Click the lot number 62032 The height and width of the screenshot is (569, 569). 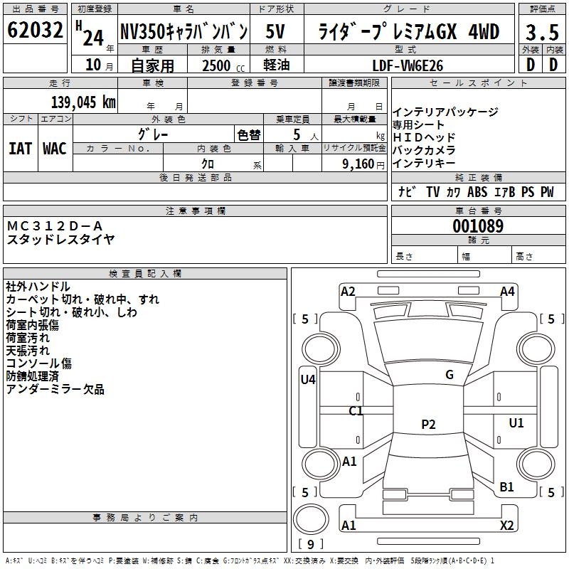coord(35,30)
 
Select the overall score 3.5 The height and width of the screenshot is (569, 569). coord(542,33)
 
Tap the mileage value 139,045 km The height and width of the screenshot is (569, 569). coord(83,102)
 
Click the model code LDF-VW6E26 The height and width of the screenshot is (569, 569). coord(408,65)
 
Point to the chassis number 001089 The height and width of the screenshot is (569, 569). coord(478,226)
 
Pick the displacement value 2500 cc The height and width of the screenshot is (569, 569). coord(223,65)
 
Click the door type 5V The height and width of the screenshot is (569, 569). coord(275,31)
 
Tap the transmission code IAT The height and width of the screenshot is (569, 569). coord(21,149)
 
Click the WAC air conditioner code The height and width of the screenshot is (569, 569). coord(55,149)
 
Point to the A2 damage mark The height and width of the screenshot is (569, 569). coord(348,292)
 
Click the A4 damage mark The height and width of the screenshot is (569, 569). coord(507,292)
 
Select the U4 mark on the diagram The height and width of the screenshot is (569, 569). coord(308,380)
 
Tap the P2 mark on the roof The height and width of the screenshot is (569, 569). coord(428,424)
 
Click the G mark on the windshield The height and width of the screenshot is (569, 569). coord(450,375)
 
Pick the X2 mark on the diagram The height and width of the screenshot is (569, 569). coord(506,525)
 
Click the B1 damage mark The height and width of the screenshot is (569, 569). coord(506,486)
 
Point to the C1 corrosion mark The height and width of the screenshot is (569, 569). coord(356,411)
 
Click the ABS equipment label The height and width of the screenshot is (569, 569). coord(477,192)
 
